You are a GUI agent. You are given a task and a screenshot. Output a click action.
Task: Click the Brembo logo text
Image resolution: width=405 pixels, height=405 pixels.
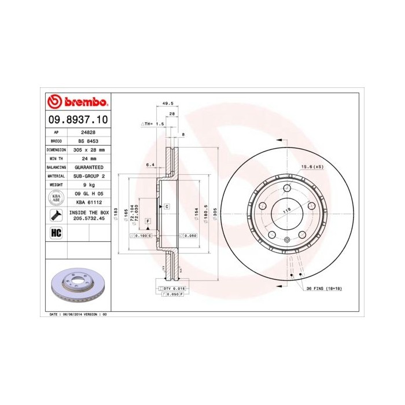click(84, 103)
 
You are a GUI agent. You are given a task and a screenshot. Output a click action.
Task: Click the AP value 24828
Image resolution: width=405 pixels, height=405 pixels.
click(88, 132)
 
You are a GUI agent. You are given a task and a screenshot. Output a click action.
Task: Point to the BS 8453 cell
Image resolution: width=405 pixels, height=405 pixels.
click(88, 141)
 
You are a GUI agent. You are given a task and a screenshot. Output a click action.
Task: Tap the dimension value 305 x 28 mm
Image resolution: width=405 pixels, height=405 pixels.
click(88, 149)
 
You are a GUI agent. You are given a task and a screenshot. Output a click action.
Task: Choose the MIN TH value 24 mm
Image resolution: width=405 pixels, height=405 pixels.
click(88, 158)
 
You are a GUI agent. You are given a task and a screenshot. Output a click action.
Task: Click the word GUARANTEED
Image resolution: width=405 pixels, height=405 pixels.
click(88, 167)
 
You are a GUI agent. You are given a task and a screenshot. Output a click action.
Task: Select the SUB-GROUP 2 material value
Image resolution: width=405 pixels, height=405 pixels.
click(88, 175)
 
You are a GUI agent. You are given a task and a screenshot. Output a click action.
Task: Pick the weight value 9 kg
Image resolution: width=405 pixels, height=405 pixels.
click(88, 184)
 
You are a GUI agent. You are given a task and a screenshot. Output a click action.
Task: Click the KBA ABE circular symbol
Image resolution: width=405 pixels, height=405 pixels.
click(56, 198)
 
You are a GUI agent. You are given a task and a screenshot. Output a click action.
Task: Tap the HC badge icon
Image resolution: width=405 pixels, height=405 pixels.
click(56, 233)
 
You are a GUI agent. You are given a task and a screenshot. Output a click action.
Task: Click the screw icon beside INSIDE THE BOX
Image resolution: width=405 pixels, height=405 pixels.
click(56, 216)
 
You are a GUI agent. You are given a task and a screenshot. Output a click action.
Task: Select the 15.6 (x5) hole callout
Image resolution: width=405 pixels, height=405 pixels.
click(311, 167)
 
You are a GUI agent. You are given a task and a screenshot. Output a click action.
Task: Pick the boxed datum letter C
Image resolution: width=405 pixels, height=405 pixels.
click(166, 206)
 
